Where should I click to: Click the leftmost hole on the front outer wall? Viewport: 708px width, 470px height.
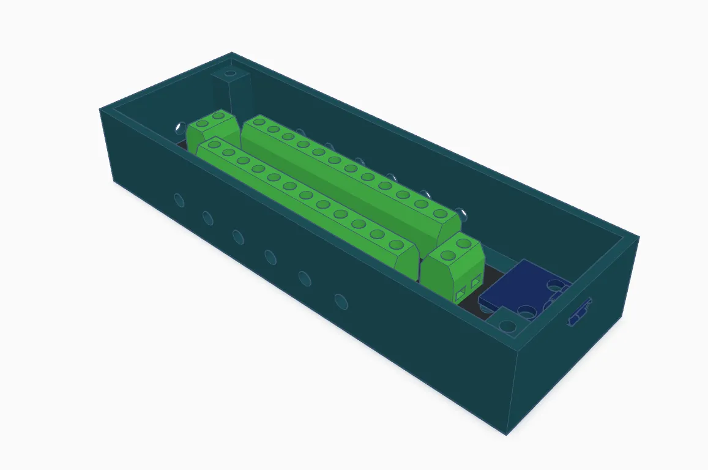click(x=179, y=200)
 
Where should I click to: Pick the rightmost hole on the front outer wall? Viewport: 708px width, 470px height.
click(x=341, y=300)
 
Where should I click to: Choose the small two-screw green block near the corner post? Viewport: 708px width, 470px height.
click(x=212, y=130)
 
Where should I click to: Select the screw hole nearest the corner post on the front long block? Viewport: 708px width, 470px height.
click(x=214, y=144)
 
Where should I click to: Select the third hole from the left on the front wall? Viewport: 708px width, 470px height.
click(x=238, y=236)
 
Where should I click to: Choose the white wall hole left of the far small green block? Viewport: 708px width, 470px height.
click(x=179, y=128)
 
